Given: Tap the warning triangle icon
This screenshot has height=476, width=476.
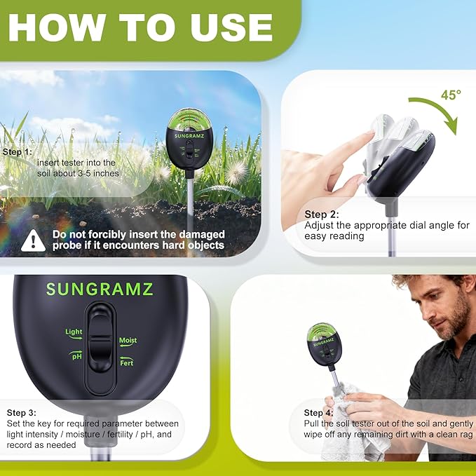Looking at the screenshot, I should (x=33, y=240).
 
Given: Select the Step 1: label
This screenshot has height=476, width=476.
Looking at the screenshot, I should (x=18, y=151).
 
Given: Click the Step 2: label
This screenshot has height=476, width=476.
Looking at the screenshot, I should (x=321, y=215).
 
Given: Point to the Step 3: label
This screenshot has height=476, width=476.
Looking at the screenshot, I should (x=22, y=412).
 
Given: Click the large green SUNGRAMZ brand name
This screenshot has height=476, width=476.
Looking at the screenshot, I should (x=100, y=289).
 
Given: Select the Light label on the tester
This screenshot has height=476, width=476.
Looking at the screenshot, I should (x=74, y=332).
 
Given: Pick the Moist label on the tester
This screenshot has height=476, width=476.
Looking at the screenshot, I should (x=128, y=341).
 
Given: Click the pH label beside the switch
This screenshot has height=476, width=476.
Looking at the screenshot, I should (x=76, y=356).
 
